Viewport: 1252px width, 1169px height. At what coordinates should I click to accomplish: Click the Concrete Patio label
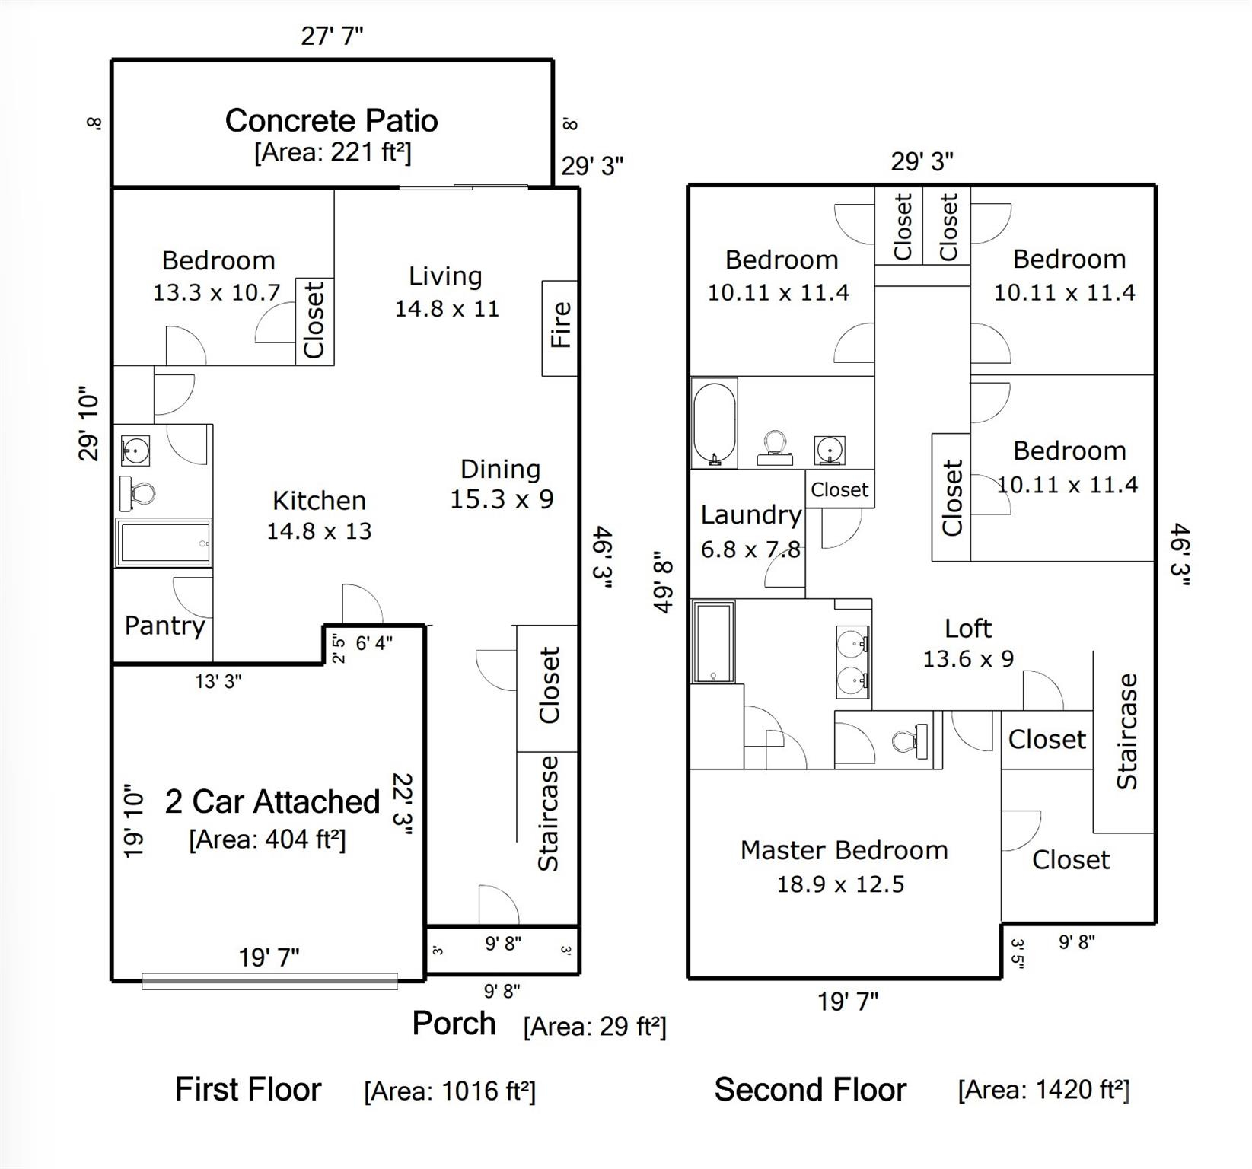pos(331,121)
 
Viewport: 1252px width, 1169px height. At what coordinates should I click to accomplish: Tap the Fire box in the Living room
pos(560,327)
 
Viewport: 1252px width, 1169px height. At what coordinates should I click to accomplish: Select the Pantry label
pos(164,626)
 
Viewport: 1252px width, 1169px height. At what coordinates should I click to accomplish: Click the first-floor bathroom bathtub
pos(163,543)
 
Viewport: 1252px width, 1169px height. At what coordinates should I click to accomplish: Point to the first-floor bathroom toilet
pos(138,495)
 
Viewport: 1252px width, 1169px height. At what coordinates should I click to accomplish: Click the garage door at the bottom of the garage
pos(269,982)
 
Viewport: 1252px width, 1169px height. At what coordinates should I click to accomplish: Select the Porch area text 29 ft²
pos(594,1027)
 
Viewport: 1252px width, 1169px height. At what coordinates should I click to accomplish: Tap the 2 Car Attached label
pos(272,801)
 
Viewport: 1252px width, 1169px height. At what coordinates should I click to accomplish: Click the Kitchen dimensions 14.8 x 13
pos(319,531)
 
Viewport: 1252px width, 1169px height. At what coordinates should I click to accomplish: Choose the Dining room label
pos(500,469)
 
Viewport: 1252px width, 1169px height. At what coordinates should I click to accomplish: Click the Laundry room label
pos(750,515)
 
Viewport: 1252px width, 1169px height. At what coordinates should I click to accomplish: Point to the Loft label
pos(967,629)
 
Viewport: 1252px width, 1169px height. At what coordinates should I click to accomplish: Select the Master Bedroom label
pos(844,850)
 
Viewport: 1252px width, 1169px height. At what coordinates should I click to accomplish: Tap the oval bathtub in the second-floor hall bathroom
pos(714,425)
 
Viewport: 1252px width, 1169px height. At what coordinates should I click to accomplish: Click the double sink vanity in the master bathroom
pos(852,662)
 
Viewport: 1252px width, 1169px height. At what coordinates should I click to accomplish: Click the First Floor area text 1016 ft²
pos(450,1091)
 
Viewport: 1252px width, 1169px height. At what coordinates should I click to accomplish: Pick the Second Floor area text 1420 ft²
pos(1043,1090)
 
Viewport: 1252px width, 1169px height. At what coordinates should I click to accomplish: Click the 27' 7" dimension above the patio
pos(332,36)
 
